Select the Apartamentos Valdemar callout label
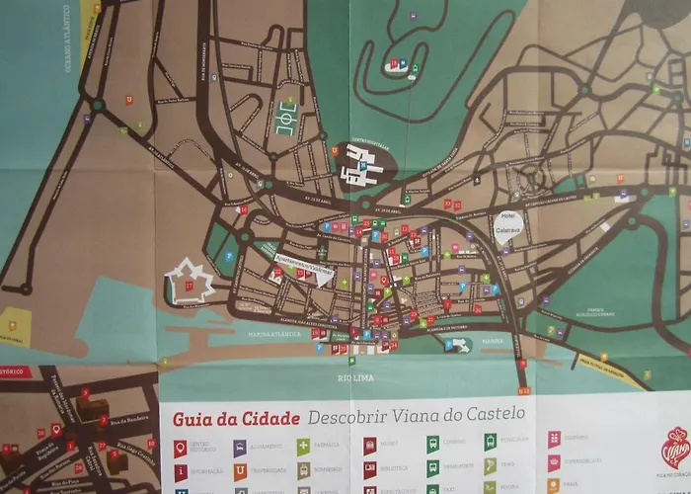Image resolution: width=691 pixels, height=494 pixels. [x=304, y=268]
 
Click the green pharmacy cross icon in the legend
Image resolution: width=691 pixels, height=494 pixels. [x=304, y=446]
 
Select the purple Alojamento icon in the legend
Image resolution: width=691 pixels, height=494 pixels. [x=240, y=448]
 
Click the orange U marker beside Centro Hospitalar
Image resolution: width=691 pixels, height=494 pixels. [x=337, y=151]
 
